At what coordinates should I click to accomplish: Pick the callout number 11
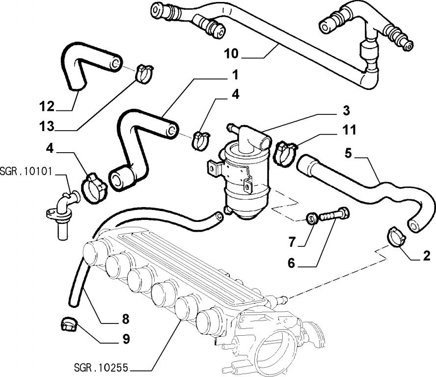click(349, 130)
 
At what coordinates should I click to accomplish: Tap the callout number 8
click(125, 319)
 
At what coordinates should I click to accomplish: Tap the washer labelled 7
click(310, 217)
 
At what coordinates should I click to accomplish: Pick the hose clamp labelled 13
click(143, 73)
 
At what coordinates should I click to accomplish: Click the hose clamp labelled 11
click(285, 150)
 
